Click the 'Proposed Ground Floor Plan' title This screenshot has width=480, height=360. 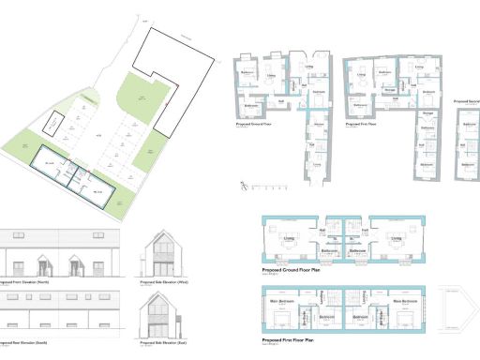click(298, 269)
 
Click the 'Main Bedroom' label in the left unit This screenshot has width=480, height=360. click(282, 301)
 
